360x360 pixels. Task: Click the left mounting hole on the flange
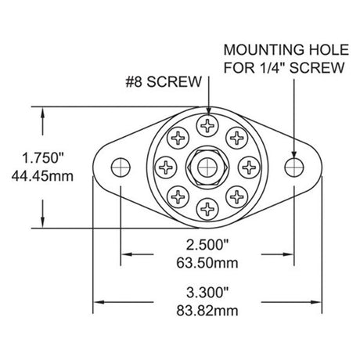tap(120, 166)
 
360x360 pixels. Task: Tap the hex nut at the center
tap(207, 166)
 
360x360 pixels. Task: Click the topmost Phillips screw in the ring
tap(207, 124)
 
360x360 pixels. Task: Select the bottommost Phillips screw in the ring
tap(207, 207)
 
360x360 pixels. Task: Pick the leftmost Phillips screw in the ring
tap(166, 166)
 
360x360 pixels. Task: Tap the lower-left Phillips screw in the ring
tap(178, 195)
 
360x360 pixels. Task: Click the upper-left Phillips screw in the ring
tap(178, 137)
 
